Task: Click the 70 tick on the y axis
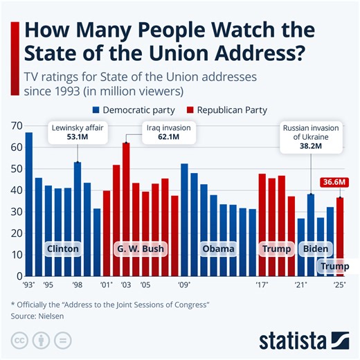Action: pos(16,126)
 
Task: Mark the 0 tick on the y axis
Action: pos(19,276)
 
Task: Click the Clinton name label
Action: pos(62,249)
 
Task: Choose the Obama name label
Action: pos(218,249)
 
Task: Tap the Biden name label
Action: pos(316,249)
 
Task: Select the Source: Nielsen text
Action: pos(43,316)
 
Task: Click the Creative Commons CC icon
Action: pos(19,341)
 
